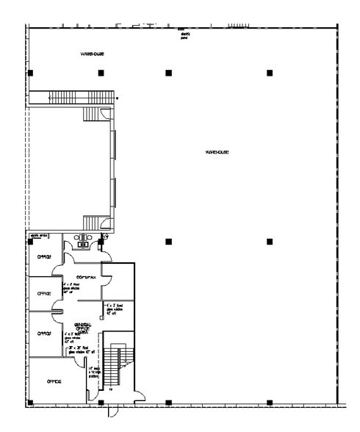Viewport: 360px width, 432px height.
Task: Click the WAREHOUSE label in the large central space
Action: pyautogui.click(x=218, y=152)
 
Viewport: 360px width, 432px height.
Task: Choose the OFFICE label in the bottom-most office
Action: pyautogui.click(x=53, y=381)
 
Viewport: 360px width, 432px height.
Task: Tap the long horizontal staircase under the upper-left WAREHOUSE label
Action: pyautogui.click(x=81, y=97)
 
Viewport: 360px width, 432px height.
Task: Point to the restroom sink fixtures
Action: pyautogui.click(x=83, y=238)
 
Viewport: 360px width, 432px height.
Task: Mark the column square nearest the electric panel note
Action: pyautogui.click(x=168, y=72)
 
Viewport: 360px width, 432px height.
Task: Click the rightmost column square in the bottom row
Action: pyautogui.click(x=270, y=402)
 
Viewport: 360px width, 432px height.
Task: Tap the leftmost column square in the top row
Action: pyautogui.click(x=30, y=72)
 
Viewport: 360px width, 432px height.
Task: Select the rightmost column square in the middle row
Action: pyautogui.click(x=270, y=241)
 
